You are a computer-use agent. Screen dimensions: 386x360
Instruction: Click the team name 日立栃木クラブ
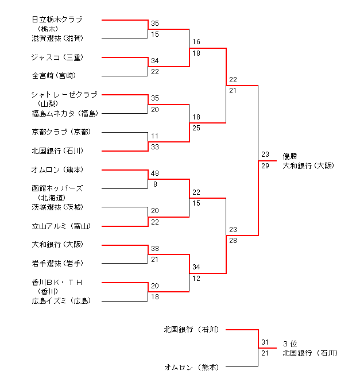(x=57, y=20)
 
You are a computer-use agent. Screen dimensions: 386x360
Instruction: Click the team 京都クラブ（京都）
(x=60, y=132)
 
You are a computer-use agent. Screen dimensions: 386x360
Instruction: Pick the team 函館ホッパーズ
(x=57, y=188)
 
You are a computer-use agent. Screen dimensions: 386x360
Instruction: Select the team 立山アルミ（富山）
(x=60, y=226)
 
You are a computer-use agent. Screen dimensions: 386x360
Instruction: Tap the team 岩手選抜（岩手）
(x=60, y=264)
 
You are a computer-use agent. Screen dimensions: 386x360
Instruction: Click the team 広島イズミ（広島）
(x=60, y=301)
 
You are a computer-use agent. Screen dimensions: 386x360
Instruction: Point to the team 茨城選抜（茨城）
(x=60, y=207)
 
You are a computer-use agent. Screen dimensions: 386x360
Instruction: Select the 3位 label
(x=289, y=343)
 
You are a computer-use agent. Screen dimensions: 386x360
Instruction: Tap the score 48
(x=154, y=173)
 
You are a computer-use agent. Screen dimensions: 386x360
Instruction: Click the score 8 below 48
(x=154, y=184)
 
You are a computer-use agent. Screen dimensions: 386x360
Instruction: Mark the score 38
(x=154, y=249)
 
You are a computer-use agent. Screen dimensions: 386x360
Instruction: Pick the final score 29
(x=265, y=165)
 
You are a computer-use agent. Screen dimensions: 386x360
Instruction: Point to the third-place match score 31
(x=265, y=342)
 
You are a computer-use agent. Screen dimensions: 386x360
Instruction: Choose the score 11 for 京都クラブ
(x=154, y=136)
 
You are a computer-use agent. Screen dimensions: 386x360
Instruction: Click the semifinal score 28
(x=233, y=240)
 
